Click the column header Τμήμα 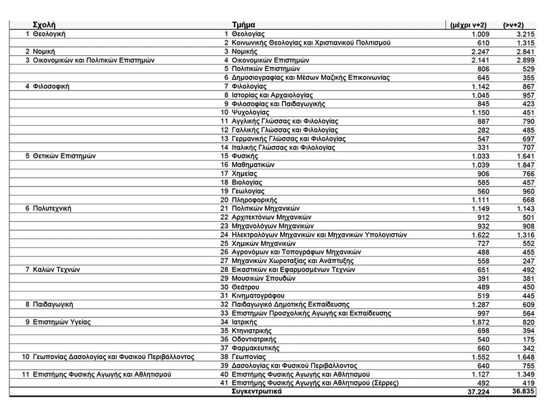244,25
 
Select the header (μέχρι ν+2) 468,25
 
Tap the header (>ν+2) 513,25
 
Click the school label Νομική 44,51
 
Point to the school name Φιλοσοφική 51,86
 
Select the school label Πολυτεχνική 52,208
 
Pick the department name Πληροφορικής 254,200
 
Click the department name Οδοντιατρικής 254,339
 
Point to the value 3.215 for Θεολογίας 525,34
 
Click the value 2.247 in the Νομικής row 480,51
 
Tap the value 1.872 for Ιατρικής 480,322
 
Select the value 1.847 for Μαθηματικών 525,165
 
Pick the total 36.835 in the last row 523,392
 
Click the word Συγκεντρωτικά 257,392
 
